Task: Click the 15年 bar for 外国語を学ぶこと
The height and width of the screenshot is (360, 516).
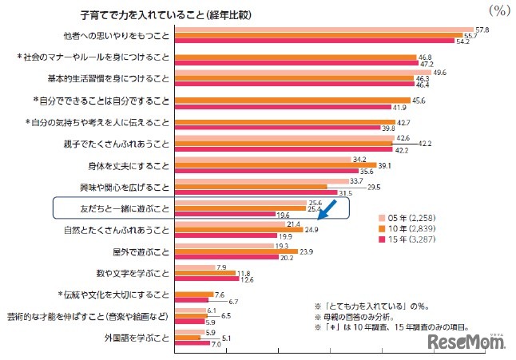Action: click(x=192, y=343)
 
